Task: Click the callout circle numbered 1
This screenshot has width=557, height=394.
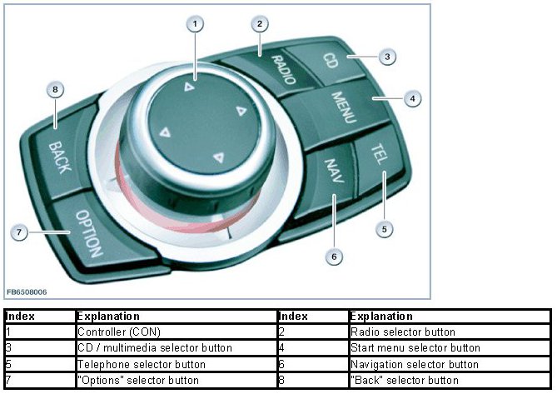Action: tap(194, 24)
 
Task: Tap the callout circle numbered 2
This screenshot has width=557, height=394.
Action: tap(260, 23)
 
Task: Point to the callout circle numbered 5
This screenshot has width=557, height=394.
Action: tap(384, 227)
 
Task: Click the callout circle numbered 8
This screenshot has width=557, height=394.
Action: tap(55, 91)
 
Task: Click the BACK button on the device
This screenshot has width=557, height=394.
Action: tap(59, 156)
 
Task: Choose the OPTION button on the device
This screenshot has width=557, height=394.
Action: tap(86, 233)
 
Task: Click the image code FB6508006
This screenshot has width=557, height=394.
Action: tap(26, 292)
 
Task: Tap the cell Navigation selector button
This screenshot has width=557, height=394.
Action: tap(414, 364)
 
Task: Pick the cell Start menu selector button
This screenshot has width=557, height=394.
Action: tap(415, 347)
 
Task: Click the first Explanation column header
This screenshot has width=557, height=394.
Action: tap(108, 317)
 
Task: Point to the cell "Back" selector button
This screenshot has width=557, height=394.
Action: tap(405, 380)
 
